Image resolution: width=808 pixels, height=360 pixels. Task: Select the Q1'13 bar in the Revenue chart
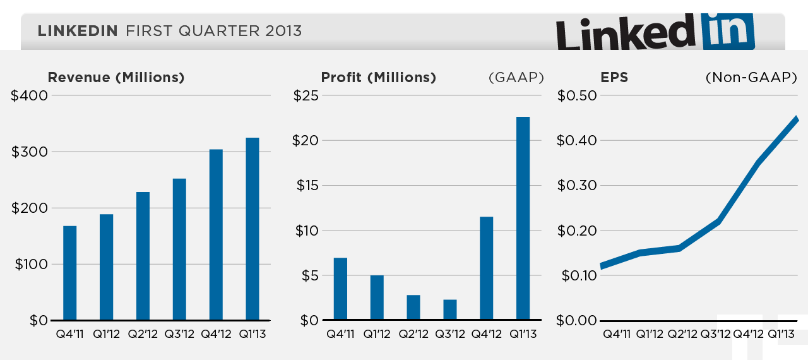click(x=252, y=229)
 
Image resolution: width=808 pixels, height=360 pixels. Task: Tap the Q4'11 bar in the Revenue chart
click(x=70, y=273)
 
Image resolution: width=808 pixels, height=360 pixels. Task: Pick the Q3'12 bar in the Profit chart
click(x=450, y=309)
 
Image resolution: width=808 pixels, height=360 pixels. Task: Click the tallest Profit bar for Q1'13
click(x=523, y=219)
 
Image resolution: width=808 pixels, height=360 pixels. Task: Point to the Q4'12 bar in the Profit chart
click(x=487, y=268)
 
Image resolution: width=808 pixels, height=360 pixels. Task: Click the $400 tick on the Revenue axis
click(x=29, y=96)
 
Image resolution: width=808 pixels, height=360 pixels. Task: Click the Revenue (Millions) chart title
click(x=116, y=78)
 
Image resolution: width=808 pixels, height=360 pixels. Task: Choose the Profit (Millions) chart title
click(x=379, y=78)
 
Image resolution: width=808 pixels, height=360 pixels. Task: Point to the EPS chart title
click(x=614, y=78)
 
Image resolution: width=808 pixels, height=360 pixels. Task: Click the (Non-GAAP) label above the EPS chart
click(x=751, y=78)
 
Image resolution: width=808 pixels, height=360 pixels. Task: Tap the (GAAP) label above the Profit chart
click(x=516, y=78)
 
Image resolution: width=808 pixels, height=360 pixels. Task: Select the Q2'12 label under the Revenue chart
click(x=143, y=333)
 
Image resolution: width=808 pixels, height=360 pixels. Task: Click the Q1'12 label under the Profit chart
click(x=377, y=333)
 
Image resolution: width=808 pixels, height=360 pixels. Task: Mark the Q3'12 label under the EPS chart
click(x=716, y=333)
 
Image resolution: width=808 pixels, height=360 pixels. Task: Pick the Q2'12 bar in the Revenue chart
click(x=143, y=256)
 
